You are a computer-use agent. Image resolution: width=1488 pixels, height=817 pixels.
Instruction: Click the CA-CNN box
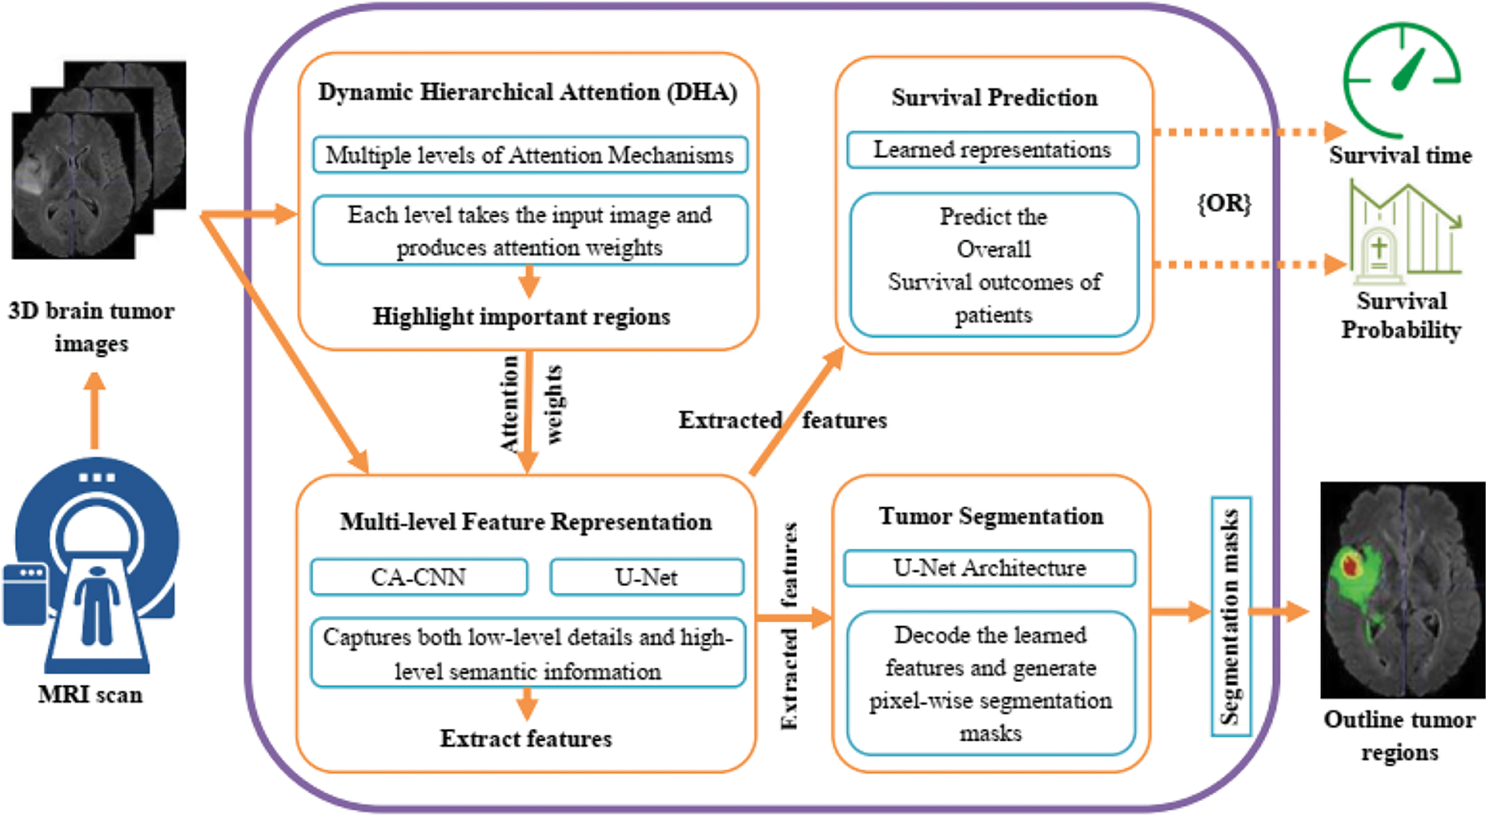point(419,577)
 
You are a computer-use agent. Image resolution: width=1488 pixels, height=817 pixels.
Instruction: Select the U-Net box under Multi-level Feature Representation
point(646,577)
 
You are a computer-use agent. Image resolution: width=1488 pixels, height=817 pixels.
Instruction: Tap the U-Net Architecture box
point(989,568)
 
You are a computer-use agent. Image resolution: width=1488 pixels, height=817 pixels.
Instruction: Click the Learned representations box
point(993,150)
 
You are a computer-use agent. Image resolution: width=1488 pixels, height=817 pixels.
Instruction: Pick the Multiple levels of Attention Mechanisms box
point(529,155)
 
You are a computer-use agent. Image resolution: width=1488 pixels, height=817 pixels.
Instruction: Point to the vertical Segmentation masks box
point(1230,616)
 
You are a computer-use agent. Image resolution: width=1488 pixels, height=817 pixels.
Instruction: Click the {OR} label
point(1224,203)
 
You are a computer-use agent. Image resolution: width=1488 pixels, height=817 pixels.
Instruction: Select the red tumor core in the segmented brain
point(1350,565)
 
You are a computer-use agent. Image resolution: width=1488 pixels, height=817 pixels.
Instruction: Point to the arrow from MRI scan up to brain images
point(94,410)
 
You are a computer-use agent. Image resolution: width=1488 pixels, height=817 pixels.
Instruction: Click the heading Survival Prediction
point(994,98)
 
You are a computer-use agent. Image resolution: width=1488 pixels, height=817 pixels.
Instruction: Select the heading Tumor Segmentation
point(991,516)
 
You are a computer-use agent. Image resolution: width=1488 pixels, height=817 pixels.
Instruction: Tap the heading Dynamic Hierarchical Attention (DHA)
point(527,93)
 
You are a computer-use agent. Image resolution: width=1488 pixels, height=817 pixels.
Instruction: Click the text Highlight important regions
point(522,317)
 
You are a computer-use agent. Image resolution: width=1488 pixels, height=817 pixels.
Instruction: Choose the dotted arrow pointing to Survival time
point(1248,132)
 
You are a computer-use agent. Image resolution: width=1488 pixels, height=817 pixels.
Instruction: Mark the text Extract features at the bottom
point(526,739)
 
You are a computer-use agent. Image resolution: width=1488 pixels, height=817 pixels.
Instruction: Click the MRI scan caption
point(90,695)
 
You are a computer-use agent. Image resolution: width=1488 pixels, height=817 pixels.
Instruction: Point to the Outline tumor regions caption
point(1399,735)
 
